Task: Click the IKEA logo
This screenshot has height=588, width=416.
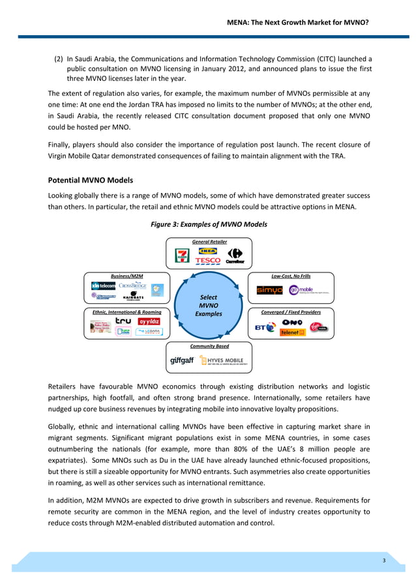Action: point(208,250)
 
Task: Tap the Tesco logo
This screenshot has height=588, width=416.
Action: point(208,261)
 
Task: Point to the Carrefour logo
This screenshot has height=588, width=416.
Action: point(235,256)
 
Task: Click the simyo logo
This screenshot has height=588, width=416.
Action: point(269,290)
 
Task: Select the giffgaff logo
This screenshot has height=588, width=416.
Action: point(182,360)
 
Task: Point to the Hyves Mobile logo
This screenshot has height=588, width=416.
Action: point(226,360)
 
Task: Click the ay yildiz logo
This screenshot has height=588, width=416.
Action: point(149,321)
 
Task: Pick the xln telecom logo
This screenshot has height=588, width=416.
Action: point(104,286)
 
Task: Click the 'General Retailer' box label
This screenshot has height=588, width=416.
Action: point(209,241)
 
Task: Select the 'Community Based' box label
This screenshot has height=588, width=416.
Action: point(209,346)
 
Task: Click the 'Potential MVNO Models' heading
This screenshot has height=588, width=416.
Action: point(91,180)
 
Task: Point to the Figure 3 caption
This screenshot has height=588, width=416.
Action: point(209,224)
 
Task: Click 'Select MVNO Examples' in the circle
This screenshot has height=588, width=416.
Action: point(209,305)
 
